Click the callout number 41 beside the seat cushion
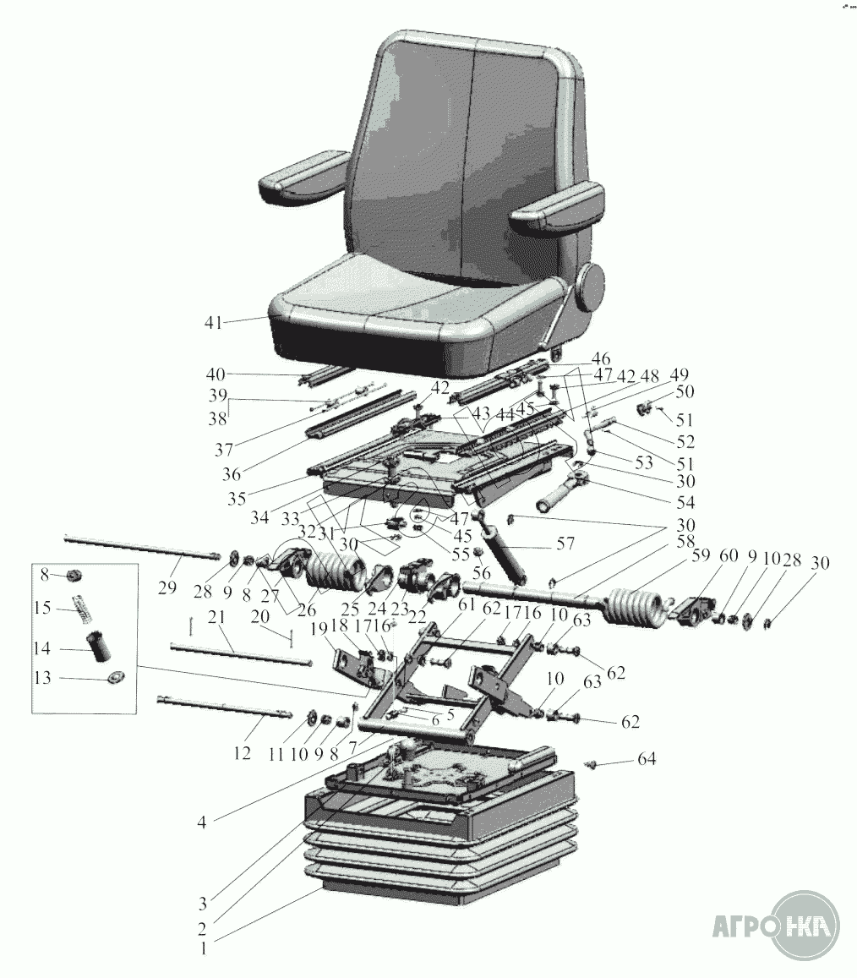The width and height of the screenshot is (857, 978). pyautogui.click(x=213, y=322)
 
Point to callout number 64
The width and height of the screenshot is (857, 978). pyautogui.click(x=647, y=759)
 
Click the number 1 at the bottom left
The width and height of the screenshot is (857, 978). pyautogui.click(x=203, y=950)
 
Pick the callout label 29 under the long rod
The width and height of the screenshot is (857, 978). pyautogui.click(x=167, y=587)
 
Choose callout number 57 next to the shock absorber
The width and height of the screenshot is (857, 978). pyautogui.click(x=565, y=544)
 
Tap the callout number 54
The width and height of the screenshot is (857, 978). pyautogui.click(x=685, y=502)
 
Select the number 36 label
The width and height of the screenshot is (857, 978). pyautogui.click(x=231, y=474)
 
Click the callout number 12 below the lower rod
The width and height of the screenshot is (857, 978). pyautogui.click(x=242, y=753)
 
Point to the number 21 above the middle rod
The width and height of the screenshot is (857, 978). pyautogui.click(x=216, y=618)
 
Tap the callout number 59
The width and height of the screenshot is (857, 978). pyautogui.click(x=701, y=555)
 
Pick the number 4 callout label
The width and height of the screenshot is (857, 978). pyautogui.click(x=201, y=822)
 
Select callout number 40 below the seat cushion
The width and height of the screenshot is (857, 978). pyautogui.click(x=216, y=375)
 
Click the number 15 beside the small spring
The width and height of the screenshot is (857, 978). pyautogui.click(x=43, y=607)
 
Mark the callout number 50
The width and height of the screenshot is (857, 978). pyautogui.click(x=685, y=391)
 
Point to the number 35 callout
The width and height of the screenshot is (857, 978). pyautogui.click(x=237, y=498)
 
